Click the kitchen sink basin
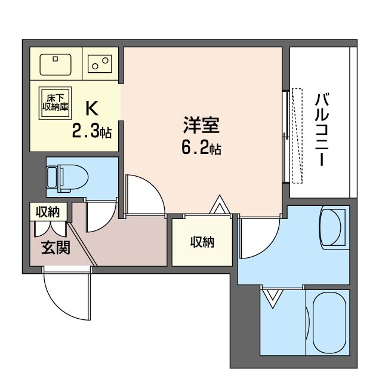tap(56, 64)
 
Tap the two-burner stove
tap(100, 64)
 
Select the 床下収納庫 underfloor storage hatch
tap(56, 103)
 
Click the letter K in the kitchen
tap(91, 108)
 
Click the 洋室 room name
tap(201, 125)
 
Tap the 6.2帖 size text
tap(201, 149)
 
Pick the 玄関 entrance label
tap(56, 248)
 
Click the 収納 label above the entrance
tap(48, 211)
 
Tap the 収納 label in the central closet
tap(202, 242)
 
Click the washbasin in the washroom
tap(331, 227)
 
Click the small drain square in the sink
tap(56, 58)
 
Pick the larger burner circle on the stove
tap(105, 60)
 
